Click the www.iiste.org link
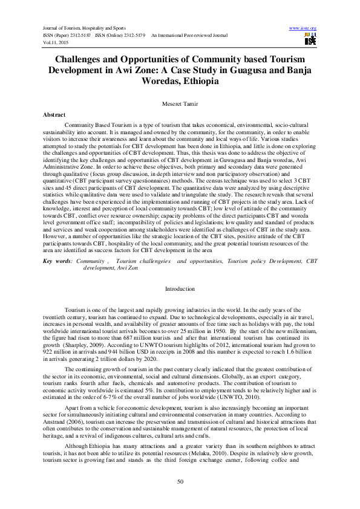click(x=304, y=28)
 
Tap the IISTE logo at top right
click(x=310, y=40)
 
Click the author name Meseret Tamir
click(x=179, y=105)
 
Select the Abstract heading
click(x=56, y=114)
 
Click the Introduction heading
click(x=180, y=290)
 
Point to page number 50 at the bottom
click(x=180, y=481)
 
